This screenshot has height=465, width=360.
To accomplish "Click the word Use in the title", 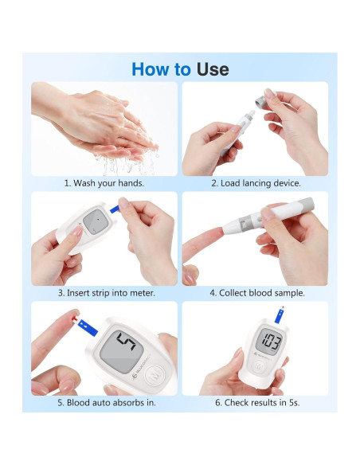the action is point(213,69).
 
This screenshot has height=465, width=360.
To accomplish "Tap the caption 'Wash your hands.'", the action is point(108,183).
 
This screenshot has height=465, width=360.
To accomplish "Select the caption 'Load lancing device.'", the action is point(260,183).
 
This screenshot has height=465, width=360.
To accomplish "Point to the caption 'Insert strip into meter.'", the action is point(111,293).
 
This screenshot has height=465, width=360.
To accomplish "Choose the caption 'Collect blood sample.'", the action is point(262,293).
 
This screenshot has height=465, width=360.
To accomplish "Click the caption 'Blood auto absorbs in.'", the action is point(111,402).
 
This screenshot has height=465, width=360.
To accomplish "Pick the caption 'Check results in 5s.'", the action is point(262,402).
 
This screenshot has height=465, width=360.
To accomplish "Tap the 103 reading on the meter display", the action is point(272,342).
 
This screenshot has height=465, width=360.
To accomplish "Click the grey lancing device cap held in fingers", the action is point(263,102).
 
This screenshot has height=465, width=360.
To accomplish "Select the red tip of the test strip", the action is point(75,319).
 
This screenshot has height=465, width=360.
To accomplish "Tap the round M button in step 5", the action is point(155,375).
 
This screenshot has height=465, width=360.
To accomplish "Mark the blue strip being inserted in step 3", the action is point(115,209).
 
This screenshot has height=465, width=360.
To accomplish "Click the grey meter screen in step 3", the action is point(96,222).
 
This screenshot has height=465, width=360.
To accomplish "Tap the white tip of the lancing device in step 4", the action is point(229,228).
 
